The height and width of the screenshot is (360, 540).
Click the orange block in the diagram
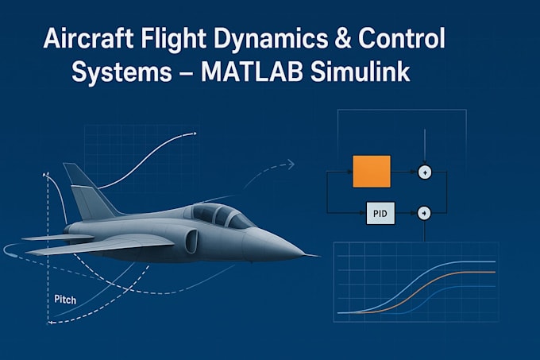372,172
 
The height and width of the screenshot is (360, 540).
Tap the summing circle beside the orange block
425,172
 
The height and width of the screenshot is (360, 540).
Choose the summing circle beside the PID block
424,212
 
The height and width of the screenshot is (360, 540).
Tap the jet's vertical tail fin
86,191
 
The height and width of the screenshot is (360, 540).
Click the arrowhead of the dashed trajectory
291,165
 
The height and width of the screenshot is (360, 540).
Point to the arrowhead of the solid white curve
193,134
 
